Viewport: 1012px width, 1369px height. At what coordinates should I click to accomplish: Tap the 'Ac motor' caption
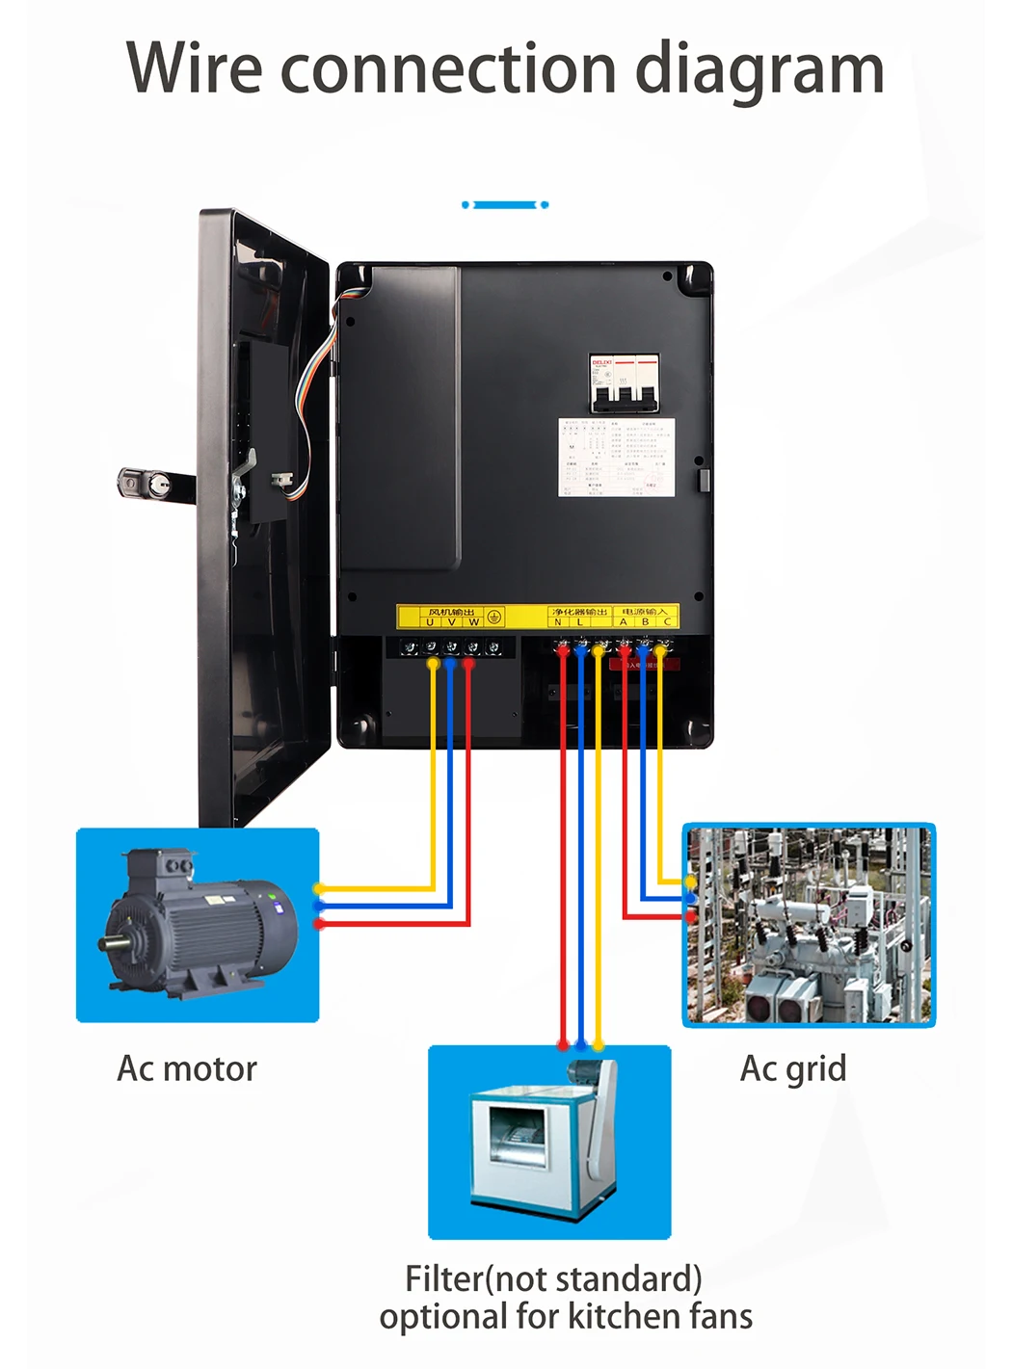pyautogui.click(x=187, y=1068)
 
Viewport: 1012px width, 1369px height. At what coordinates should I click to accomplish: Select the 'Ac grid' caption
pyautogui.click(x=792, y=1068)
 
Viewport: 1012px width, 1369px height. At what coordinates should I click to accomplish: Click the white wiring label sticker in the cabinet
pyautogui.click(x=617, y=458)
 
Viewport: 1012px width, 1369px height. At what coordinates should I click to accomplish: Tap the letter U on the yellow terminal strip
pyautogui.click(x=430, y=622)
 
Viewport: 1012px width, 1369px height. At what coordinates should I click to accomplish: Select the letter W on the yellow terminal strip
pyautogui.click(x=473, y=622)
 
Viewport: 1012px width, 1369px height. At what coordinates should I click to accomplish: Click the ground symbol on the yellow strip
pyautogui.click(x=493, y=617)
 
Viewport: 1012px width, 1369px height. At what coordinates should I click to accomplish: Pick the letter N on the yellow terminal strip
pyautogui.click(x=558, y=622)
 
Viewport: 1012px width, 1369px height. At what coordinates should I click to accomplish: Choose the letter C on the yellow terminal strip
pyautogui.click(x=667, y=622)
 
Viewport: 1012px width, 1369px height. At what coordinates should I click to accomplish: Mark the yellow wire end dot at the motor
pyautogui.click(x=317, y=888)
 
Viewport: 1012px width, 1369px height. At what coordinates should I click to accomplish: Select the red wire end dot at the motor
pyautogui.click(x=319, y=924)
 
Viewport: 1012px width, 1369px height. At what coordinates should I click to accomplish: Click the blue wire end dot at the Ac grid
pyautogui.click(x=691, y=899)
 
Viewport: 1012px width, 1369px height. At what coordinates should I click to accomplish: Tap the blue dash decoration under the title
pyautogui.click(x=505, y=205)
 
